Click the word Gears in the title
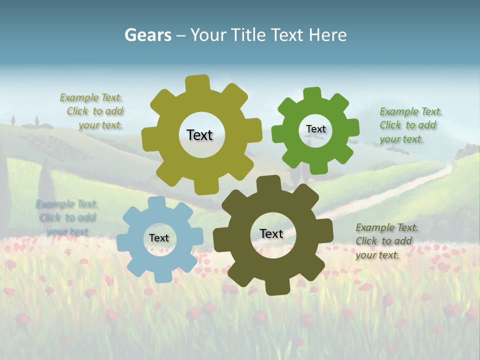(147, 35)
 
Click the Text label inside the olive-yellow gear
(199, 135)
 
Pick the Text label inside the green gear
(315, 129)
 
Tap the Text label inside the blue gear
(159, 238)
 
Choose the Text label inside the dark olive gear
(271, 233)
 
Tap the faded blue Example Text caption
(67, 217)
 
